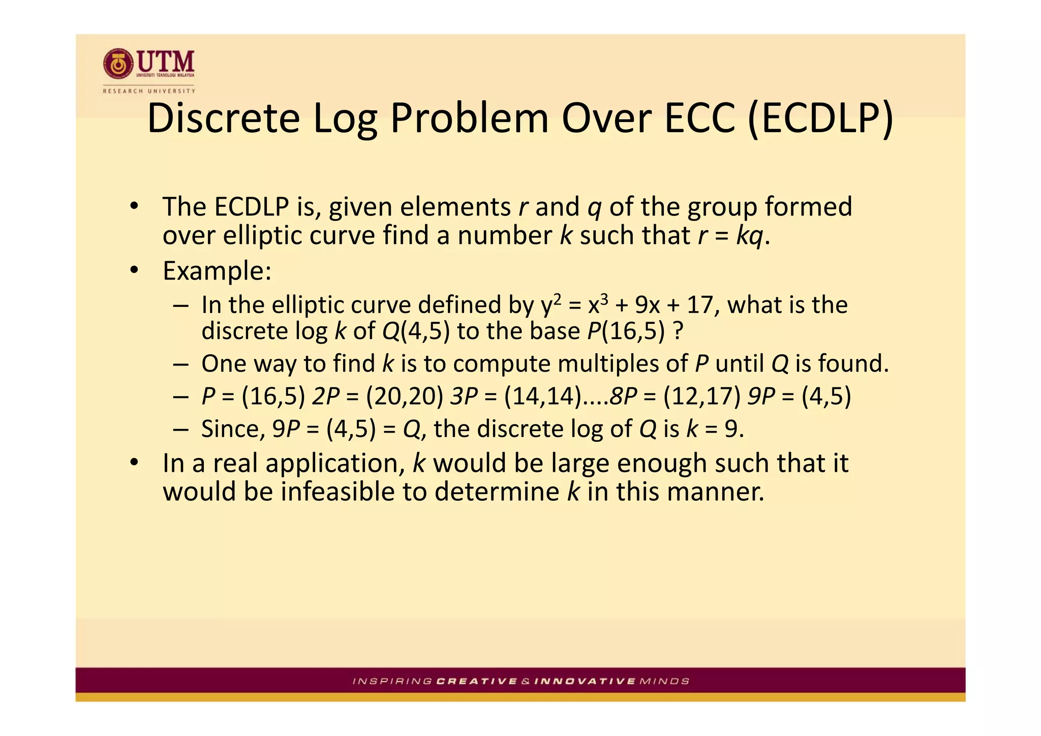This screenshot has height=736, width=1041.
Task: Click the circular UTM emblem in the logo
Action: point(118,64)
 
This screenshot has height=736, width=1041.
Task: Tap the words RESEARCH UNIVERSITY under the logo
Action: point(149,91)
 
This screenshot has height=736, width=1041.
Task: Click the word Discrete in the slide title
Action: point(223,118)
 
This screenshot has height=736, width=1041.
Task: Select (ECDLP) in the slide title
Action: point(820,118)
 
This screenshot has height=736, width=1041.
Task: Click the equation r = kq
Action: point(730,235)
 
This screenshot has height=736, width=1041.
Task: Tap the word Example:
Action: point(217,270)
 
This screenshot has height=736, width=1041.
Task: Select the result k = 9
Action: point(715,428)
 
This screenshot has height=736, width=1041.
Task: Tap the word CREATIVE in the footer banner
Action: point(477,681)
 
